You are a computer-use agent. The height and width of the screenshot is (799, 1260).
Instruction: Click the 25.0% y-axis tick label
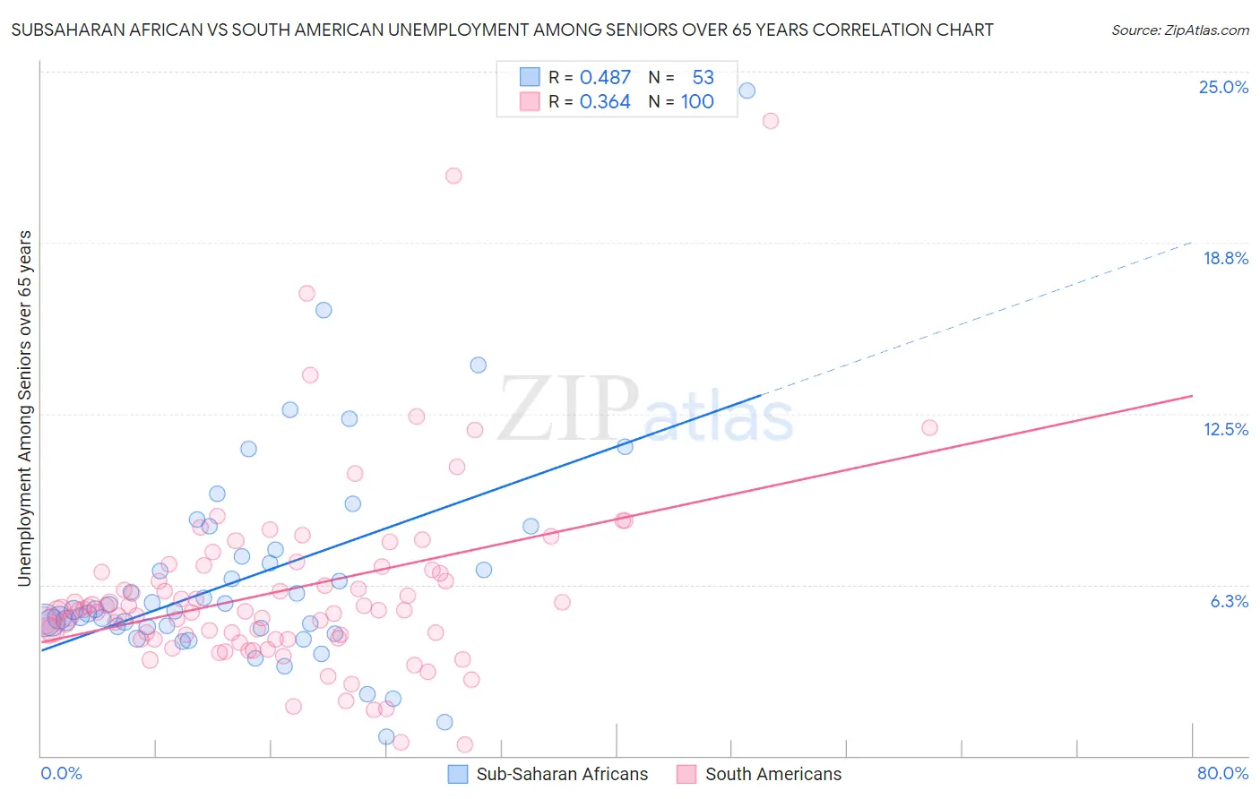1223,88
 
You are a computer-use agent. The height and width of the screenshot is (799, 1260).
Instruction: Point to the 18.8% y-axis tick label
1225,259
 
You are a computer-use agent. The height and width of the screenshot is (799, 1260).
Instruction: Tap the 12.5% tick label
1225,430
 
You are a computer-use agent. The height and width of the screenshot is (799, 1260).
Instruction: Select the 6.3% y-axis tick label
1229,602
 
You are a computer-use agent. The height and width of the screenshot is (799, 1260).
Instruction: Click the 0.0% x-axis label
62,774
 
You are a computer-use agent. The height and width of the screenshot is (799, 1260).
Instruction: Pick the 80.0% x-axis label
1222,774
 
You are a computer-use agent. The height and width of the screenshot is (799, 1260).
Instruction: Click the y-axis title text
25,408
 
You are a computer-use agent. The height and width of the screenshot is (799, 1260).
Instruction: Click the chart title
502,30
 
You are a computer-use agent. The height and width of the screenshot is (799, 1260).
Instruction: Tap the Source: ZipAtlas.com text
1179,30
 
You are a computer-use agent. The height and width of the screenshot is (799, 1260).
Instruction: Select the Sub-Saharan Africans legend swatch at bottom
458,775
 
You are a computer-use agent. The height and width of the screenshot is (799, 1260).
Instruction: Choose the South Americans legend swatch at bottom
686,775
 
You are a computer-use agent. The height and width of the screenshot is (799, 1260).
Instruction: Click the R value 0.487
605,78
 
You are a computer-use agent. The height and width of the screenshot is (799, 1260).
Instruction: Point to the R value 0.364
605,102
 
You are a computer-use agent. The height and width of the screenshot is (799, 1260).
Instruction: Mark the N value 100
697,102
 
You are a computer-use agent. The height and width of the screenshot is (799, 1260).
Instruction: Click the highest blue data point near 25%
747,90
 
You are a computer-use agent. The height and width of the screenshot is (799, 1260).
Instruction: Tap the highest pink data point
770,121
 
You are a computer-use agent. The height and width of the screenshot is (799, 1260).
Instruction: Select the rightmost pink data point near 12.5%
929,428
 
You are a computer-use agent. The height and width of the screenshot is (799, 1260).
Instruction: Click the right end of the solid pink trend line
1192,396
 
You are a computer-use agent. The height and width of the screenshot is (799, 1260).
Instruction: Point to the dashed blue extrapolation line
977,318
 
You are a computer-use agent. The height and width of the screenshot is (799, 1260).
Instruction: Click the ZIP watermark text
568,409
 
